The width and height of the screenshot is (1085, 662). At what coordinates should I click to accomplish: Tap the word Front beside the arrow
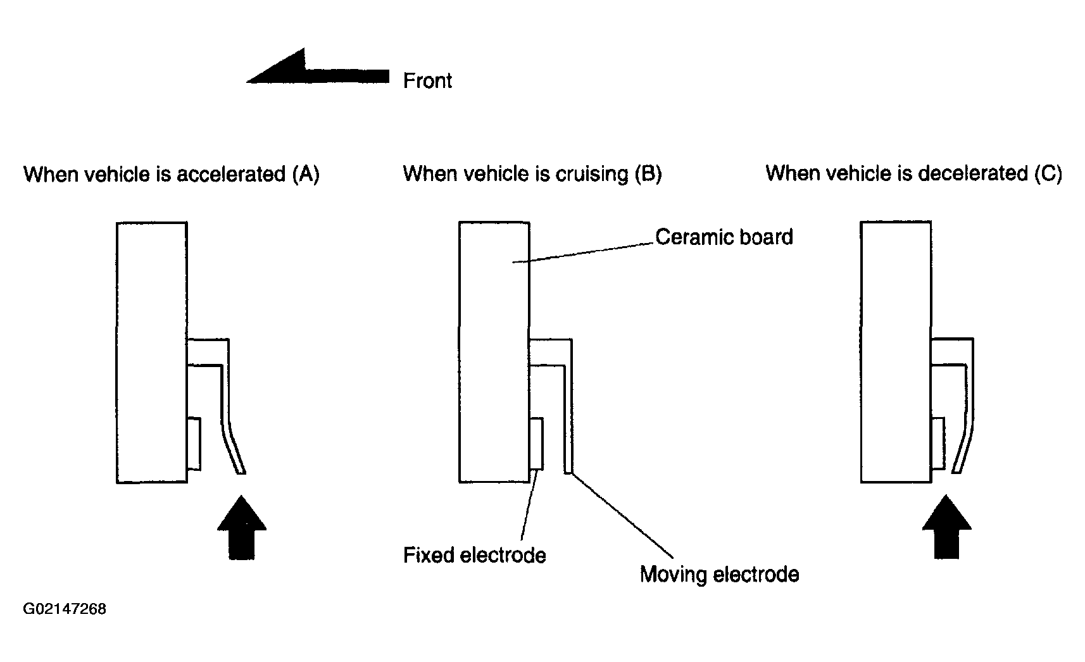pos(427,80)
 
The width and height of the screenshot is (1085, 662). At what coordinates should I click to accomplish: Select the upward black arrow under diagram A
pos(242,527)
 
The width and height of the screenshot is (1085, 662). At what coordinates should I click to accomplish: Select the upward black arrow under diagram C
pos(946,527)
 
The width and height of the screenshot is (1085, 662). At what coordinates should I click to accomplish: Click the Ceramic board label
pos(724,237)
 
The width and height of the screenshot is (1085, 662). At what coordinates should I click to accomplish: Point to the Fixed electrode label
pos(475,555)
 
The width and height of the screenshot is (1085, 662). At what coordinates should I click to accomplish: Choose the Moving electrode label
pos(719,575)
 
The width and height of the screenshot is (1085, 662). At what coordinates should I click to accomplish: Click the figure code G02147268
pos(65,609)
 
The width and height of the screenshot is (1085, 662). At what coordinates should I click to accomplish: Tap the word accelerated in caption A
pos(231,174)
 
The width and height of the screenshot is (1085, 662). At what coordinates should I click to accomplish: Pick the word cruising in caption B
pos(591,174)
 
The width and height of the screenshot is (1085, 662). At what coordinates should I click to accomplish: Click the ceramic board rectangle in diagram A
pos(152,353)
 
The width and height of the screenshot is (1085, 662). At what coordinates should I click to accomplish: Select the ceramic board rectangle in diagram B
pos(494,352)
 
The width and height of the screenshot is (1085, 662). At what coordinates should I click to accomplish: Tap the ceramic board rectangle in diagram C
pos(896,352)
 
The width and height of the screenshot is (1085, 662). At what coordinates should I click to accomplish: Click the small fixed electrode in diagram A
pos(194,444)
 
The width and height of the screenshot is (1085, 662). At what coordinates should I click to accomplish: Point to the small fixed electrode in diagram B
pos(536,444)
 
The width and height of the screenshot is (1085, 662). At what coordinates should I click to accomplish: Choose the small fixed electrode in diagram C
pos(938,443)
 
